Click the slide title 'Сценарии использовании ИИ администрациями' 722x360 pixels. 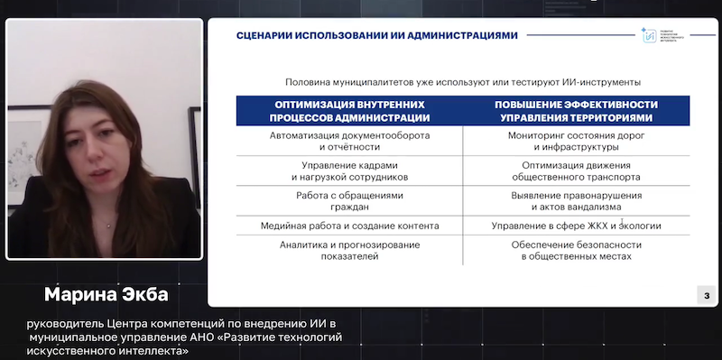(x=376, y=35)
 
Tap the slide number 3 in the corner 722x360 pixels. (x=707, y=295)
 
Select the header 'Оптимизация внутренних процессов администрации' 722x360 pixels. (x=350, y=111)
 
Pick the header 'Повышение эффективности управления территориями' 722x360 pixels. (x=576, y=111)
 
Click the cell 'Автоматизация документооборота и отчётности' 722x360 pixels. (x=350, y=141)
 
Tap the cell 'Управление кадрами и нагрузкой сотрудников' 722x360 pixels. (x=350, y=171)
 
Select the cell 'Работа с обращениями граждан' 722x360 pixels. (x=350, y=201)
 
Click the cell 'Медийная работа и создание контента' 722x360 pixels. (x=350, y=226)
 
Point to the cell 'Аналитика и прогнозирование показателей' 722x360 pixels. (x=350, y=250)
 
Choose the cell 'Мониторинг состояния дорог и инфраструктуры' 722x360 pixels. (x=576, y=141)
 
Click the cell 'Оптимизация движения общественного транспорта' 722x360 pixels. (x=576, y=171)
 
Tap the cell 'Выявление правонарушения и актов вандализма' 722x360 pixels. (x=576, y=201)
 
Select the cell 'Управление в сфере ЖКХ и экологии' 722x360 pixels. (x=576, y=226)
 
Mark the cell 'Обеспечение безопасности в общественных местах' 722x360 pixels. (x=576, y=250)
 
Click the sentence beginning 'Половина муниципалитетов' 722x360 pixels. (x=468, y=81)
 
